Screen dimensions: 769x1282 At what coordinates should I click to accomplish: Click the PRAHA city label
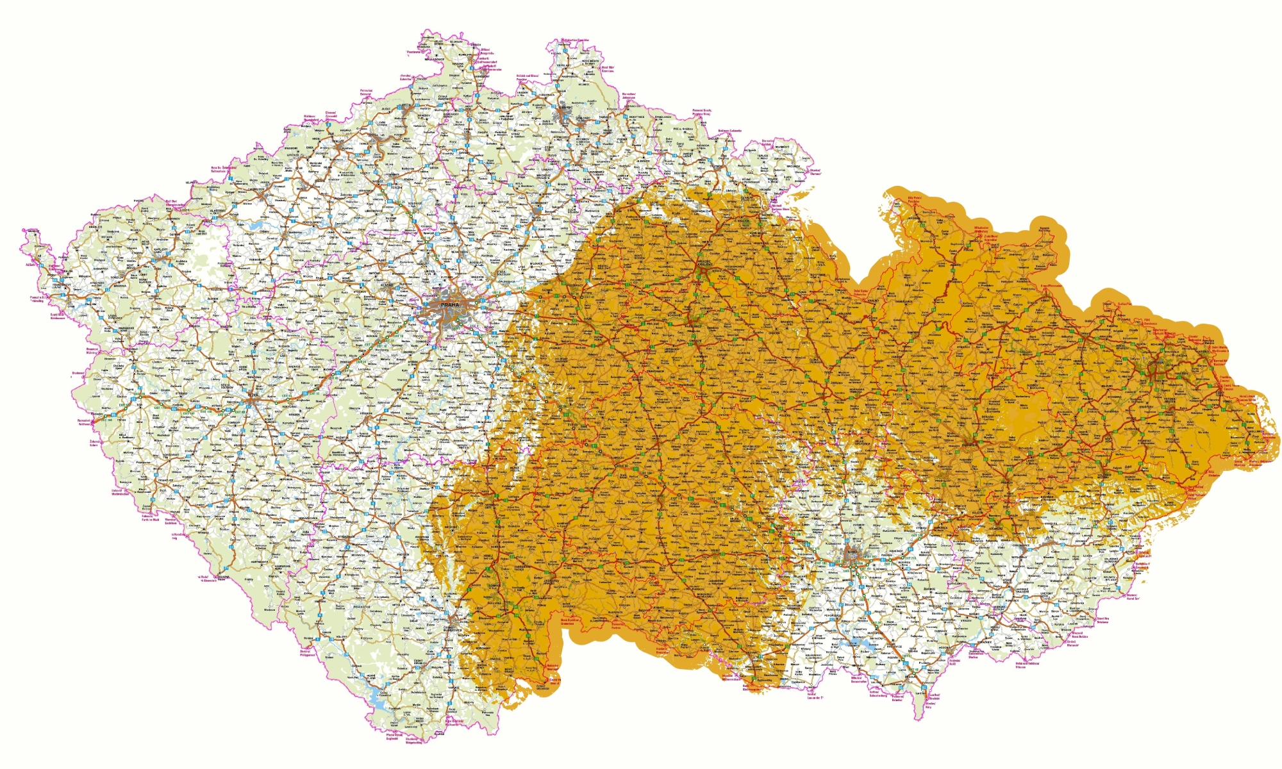(x=450, y=305)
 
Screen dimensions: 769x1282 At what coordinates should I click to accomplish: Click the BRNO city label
(x=853, y=557)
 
